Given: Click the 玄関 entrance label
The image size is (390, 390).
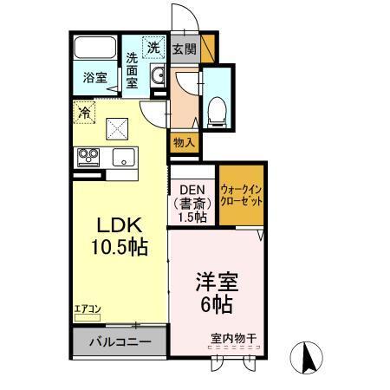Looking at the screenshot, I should (x=184, y=49).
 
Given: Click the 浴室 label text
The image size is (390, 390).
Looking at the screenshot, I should (x=94, y=78).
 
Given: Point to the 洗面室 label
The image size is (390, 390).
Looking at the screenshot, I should (x=132, y=70).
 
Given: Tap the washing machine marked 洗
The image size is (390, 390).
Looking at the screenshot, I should (x=153, y=49).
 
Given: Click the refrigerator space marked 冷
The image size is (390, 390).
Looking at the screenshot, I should (x=84, y=112).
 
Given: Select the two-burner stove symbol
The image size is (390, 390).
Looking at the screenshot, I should (x=88, y=157).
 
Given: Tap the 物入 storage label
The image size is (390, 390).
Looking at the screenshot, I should (x=183, y=142).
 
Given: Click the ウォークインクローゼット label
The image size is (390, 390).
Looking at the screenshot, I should (x=242, y=195).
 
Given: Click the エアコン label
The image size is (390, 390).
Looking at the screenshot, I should (x=86, y=309).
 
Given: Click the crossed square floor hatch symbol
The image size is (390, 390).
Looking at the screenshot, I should (x=117, y=129).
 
